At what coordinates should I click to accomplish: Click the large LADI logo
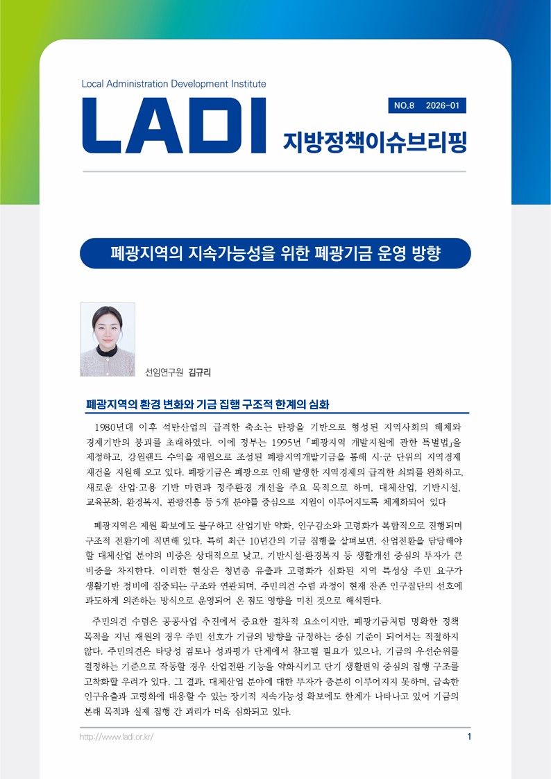[175, 128]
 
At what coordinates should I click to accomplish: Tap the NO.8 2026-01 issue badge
[426, 105]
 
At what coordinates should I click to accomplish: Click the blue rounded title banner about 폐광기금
[275, 253]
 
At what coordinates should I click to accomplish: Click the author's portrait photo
[108, 339]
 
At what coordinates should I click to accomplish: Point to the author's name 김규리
[199, 372]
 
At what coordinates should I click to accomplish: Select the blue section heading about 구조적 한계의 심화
[206, 404]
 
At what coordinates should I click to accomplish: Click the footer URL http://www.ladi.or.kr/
[117, 736]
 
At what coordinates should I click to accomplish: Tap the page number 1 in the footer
[469, 736]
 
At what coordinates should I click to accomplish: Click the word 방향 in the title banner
[425, 253]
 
